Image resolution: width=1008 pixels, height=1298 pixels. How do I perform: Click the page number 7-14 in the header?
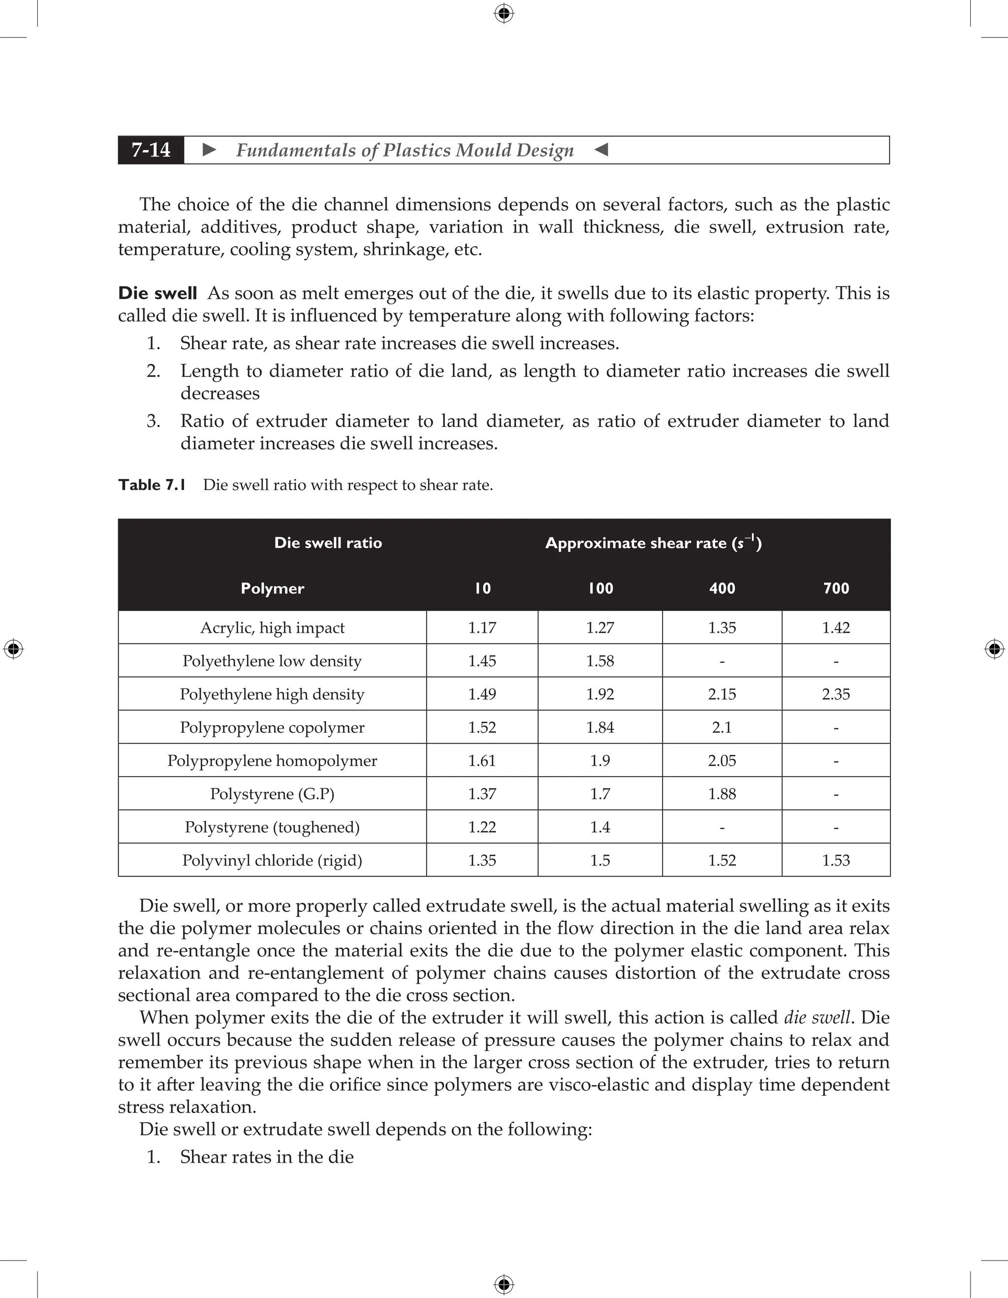[x=151, y=150]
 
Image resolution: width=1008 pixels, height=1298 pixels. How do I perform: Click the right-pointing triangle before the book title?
[x=209, y=150]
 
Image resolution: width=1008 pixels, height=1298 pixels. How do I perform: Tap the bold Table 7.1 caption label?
[x=152, y=485]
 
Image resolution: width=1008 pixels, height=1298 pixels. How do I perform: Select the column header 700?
[x=836, y=588]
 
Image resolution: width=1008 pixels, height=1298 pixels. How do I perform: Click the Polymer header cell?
[x=272, y=588]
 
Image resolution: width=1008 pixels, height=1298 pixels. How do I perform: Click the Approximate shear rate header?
[x=654, y=543]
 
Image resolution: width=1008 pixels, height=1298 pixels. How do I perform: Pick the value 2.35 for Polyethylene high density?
[x=836, y=694]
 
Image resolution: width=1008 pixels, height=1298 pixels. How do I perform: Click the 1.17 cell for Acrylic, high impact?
[x=482, y=628]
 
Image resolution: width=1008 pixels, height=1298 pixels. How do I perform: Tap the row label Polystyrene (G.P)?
[x=272, y=794]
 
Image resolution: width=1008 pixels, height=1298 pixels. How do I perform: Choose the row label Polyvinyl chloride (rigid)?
[x=272, y=861]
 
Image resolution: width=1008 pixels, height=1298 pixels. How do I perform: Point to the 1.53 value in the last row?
[x=836, y=861]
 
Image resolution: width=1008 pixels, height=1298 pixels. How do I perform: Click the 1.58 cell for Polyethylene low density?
[x=600, y=661]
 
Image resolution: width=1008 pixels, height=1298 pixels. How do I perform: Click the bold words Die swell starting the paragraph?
[x=157, y=293]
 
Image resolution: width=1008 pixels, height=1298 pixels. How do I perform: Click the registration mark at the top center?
[x=504, y=13]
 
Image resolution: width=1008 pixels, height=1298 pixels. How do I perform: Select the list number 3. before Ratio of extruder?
[x=153, y=422]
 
